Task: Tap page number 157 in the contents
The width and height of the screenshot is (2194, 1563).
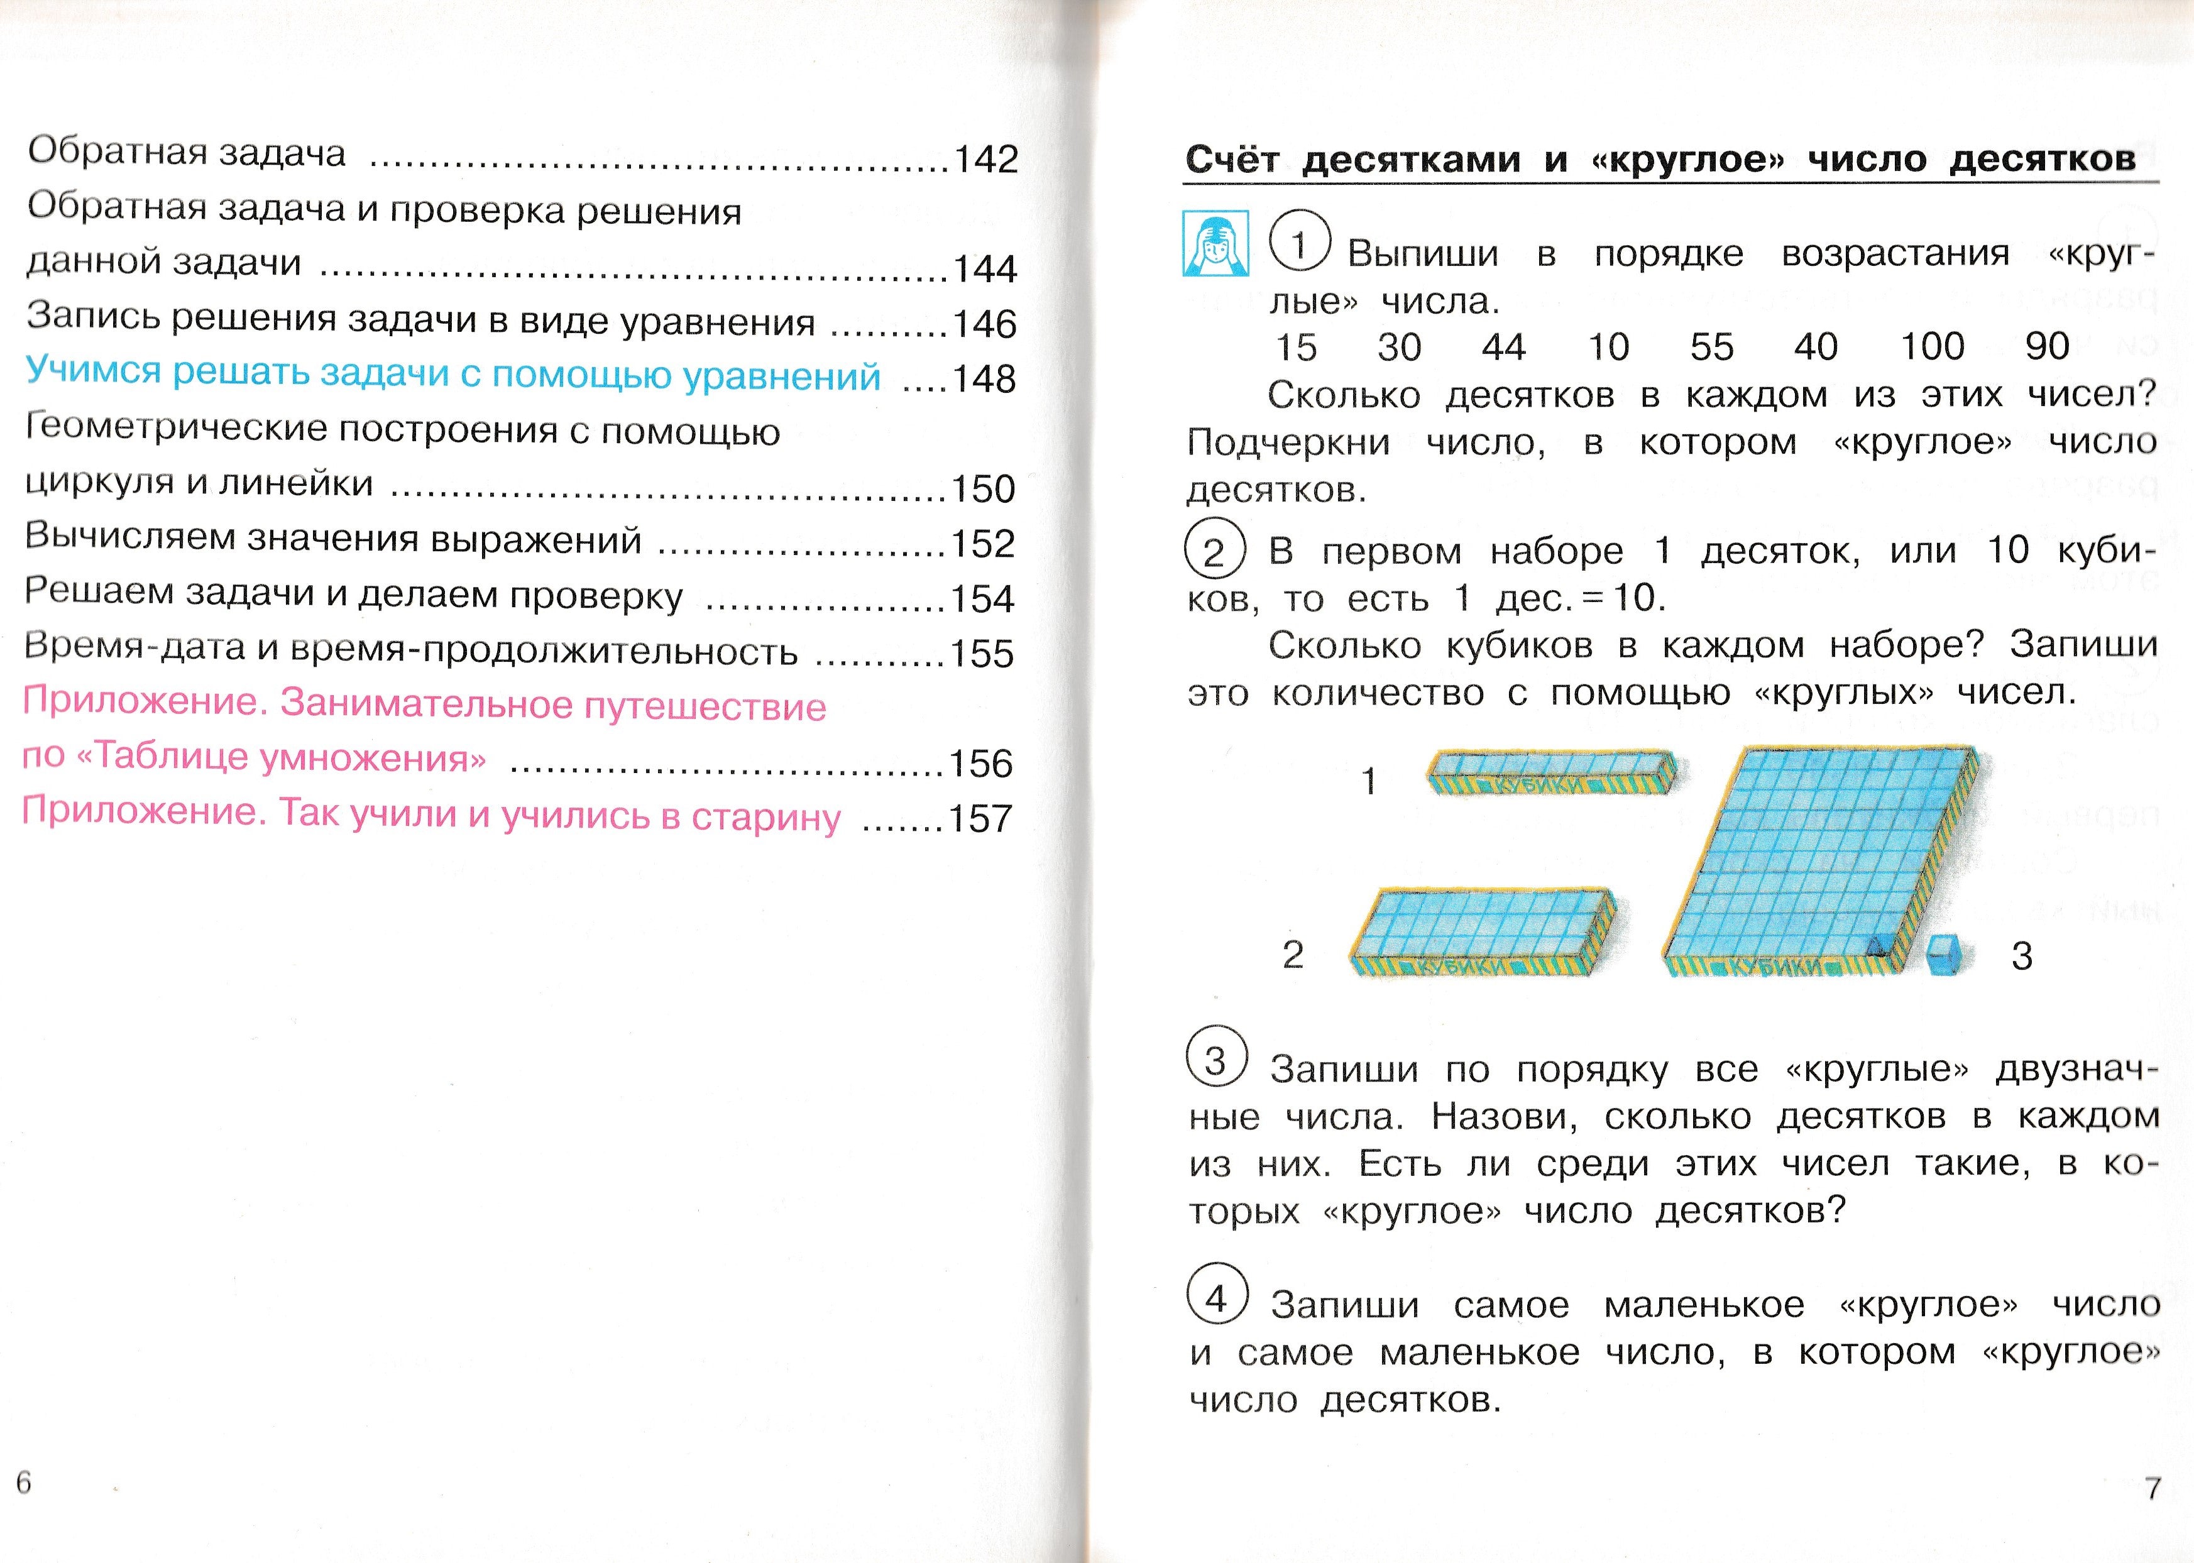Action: (980, 819)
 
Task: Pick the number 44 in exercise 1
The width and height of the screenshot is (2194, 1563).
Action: (1503, 346)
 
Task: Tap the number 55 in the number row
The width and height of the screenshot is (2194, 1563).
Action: (1712, 346)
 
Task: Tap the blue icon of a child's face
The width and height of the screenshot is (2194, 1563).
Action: (1215, 243)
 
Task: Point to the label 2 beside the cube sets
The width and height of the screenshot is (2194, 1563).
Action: (1292, 954)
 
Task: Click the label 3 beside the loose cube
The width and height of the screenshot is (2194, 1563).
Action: (2022, 956)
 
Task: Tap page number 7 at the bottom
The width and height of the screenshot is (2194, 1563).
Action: (2153, 1488)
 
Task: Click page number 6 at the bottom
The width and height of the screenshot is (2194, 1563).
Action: (24, 1482)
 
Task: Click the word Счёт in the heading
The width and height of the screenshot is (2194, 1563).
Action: (1232, 159)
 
